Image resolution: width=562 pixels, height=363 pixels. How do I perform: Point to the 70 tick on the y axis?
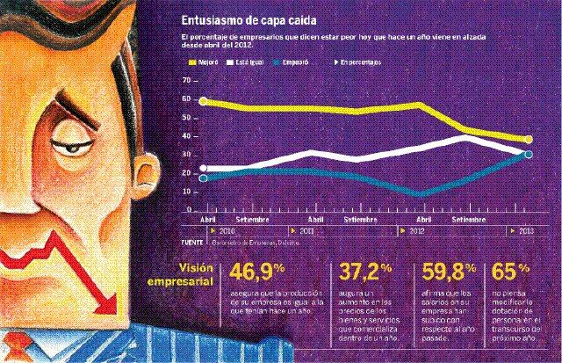(x=185, y=80)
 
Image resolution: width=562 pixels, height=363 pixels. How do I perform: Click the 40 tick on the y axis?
(x=185, y=136)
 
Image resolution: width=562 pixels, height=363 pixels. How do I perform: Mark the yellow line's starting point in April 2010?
(x=204, y=101)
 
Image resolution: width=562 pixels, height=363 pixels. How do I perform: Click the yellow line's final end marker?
(x=529, y=140)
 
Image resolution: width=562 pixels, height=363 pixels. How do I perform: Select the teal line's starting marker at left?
(x=204, y=178)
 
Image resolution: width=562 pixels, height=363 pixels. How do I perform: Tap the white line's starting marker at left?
(x=204, y=168)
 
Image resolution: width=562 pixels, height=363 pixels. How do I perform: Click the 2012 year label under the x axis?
(x=420, y=230)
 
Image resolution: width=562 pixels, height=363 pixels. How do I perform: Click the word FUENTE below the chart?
(x=192, y=240)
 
